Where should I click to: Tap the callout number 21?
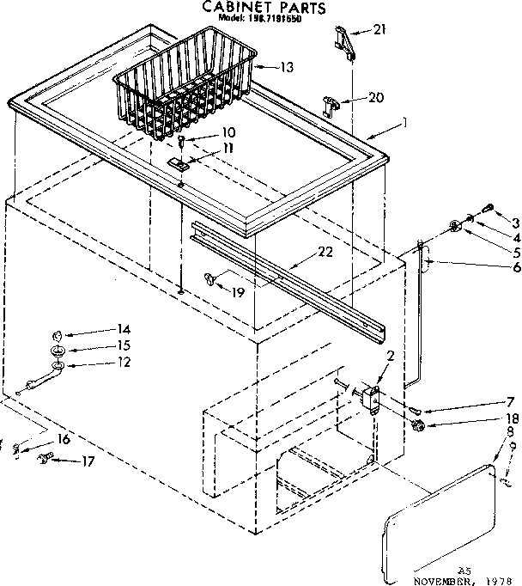point(379,31)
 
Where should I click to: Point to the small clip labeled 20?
point(331,104)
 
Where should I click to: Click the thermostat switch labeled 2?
point(372,397)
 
